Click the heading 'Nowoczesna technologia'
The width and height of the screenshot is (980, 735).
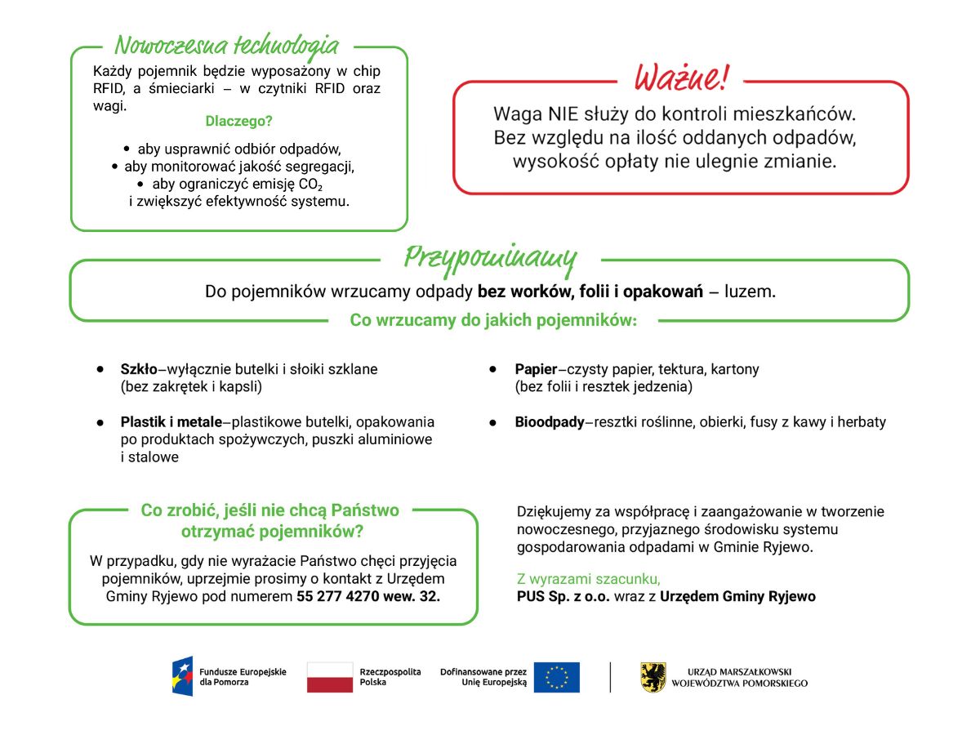[x=226, y=44]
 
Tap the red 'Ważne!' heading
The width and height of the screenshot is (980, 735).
[x=680, y=78]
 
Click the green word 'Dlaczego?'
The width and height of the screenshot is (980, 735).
[x=238, y=121]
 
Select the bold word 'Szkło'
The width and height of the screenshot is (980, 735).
[x=139, y=369]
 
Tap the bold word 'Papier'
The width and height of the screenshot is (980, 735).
[x=536, y=369]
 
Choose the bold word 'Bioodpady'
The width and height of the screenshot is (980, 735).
[x=550, y=422]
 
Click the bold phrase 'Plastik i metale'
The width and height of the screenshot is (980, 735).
[x=171, y=422]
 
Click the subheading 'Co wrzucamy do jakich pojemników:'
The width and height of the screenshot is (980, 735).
[x=493, y=320]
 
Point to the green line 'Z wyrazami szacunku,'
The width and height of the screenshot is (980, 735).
[x=589, y=579]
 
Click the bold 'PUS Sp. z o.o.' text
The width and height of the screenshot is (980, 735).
[x=563, y=596]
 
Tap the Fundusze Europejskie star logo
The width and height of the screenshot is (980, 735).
[x=182, y=676]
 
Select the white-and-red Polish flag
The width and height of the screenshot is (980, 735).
[x=330, y=677]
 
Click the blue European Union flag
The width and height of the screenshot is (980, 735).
[x=556, y=677]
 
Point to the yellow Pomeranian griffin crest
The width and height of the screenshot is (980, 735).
[x=653, y=677]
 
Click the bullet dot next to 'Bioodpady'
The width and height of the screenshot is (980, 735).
[x=493, y=423]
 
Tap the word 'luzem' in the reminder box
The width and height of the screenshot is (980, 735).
[x=750, y=292]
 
